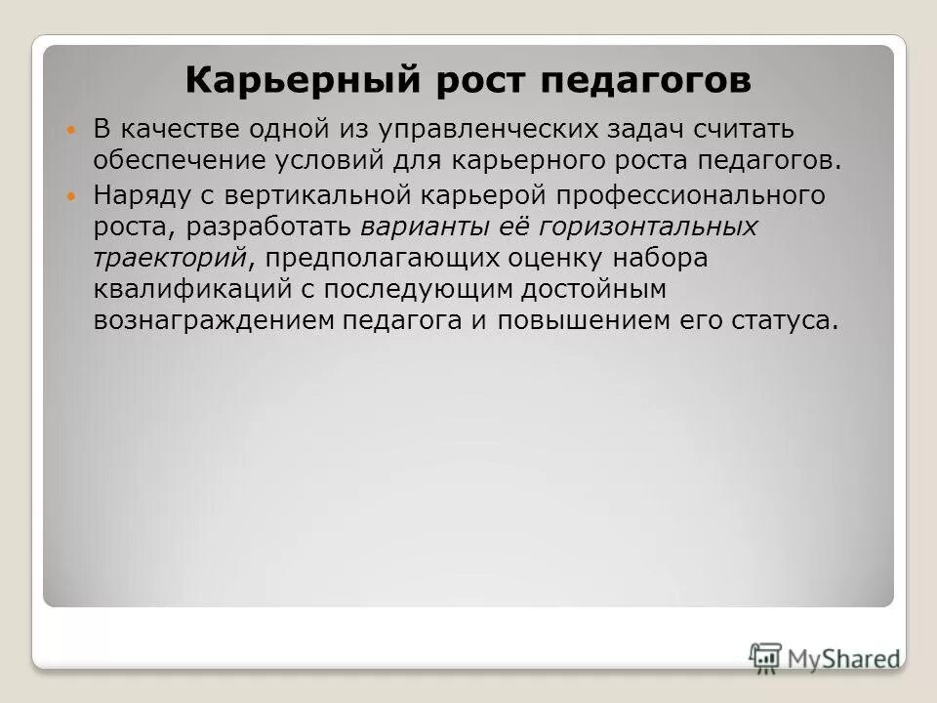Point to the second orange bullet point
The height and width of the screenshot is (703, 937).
68,196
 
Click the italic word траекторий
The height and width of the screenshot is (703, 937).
169,258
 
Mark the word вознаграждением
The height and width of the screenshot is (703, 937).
214,321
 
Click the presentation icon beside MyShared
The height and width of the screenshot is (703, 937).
766,656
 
